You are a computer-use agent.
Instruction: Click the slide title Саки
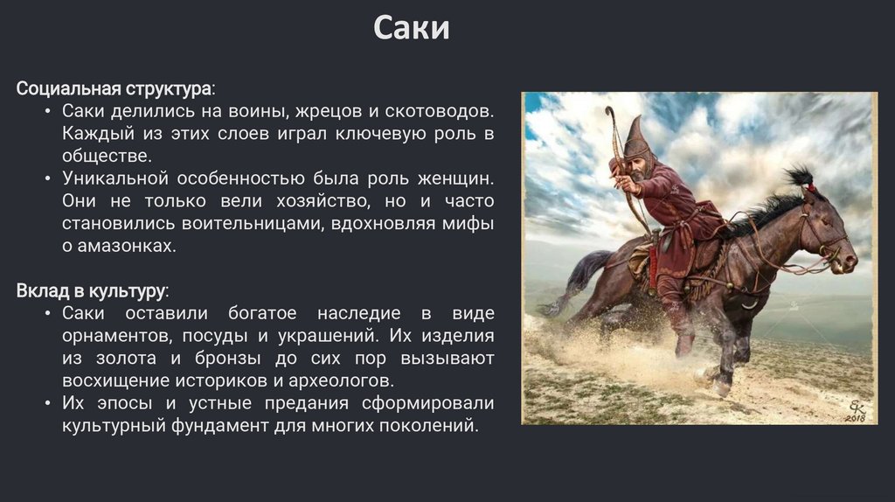412,28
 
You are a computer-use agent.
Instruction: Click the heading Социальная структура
114,89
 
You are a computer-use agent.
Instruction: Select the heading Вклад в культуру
90,290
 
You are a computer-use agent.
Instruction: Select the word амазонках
127,246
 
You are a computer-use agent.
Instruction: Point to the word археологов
342,380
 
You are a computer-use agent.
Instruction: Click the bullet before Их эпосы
48,403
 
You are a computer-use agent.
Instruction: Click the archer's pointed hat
636,137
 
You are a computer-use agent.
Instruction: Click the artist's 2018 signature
857,412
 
